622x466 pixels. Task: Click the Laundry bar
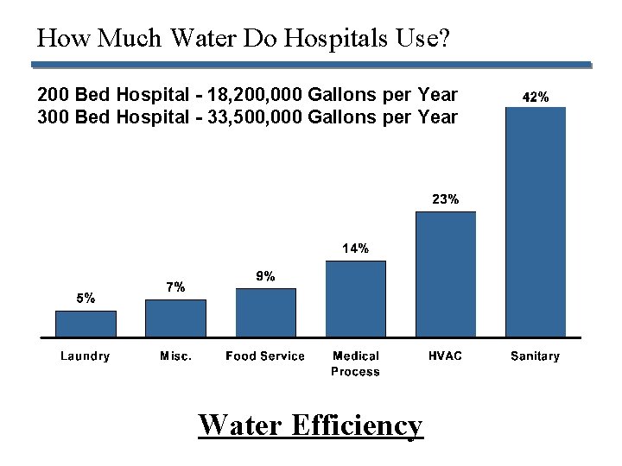point(86,324)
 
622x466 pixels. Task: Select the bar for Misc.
point(175,318)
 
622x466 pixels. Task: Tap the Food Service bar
point(265,312)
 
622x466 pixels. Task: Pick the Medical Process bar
point(355,299)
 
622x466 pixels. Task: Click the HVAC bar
point(446,274)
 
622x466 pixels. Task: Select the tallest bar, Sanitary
point(536,222)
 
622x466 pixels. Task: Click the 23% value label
point(446,199)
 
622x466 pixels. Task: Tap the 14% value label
point(356,249)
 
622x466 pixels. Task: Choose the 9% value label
point(266,276)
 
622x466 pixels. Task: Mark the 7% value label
point(175,287)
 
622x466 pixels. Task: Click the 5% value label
point(86,299)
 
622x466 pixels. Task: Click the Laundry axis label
point(86,356)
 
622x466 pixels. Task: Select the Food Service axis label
point(265,356)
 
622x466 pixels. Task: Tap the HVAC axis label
point(446,356)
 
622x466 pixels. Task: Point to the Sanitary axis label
point(536,356)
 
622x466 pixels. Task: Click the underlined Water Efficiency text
point(311,425)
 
